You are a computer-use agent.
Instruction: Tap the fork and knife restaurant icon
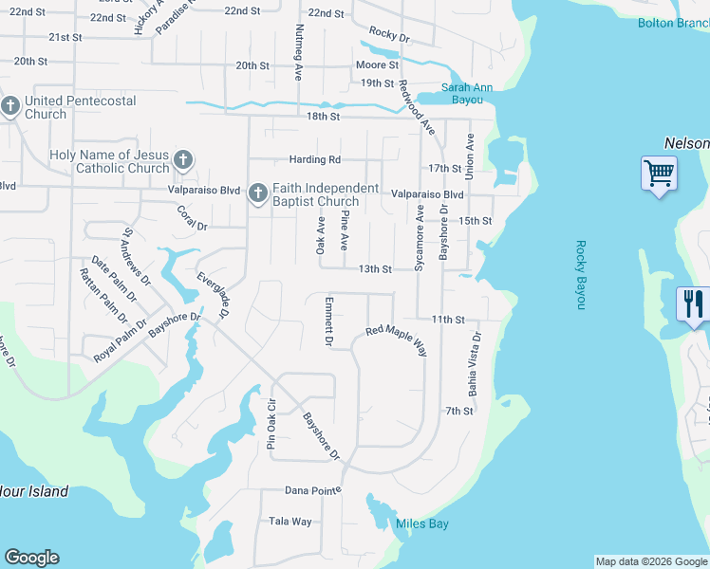(693, 304)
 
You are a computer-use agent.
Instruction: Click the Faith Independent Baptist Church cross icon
(256, 194)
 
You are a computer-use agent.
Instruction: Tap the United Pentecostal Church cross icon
(11, 106)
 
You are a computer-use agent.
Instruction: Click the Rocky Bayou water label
(581, 274)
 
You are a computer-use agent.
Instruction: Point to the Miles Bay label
(422, 524)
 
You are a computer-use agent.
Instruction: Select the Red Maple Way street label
(397, 340)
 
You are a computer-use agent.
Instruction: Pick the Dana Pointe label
(312, 490)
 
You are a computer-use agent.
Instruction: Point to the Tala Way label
(290, 522)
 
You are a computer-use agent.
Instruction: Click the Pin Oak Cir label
(271, 425)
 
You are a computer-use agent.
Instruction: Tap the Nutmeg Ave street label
(299, 52)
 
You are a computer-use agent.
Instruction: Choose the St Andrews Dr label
(137, 256)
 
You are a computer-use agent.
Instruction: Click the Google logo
(31, 558)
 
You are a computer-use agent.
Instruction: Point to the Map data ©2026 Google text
(651, 561)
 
